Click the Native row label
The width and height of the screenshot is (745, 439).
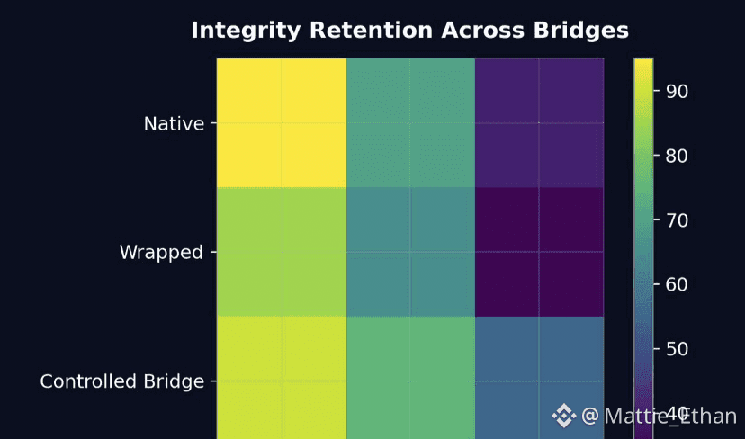174,123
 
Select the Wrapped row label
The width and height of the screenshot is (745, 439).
161,253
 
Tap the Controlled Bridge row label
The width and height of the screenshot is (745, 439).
121,381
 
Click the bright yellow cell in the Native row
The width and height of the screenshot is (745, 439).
281,123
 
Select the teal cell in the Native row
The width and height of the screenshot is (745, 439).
410,123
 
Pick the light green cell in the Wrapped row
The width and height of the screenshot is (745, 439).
281,252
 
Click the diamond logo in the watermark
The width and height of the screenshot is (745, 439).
564,415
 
